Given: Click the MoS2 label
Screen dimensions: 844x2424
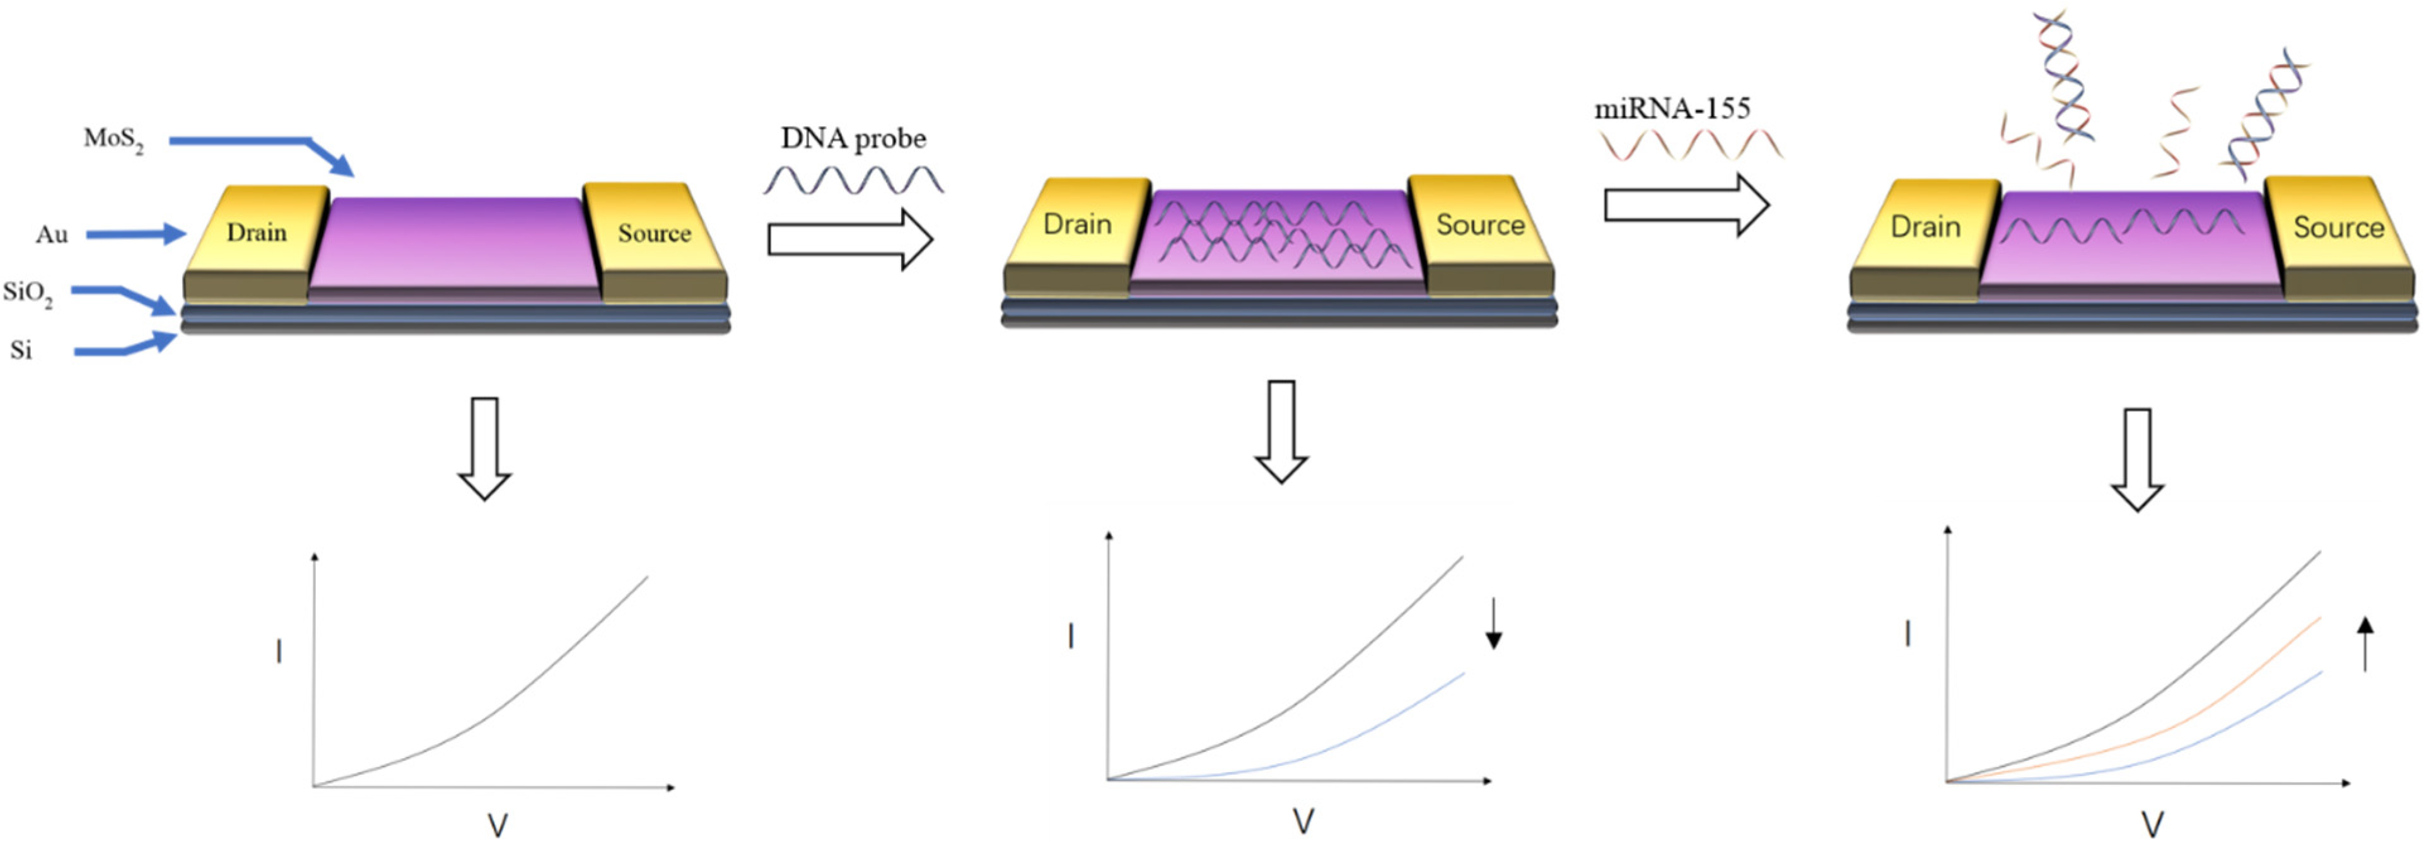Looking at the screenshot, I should pyautogui.click(x=113, y=139).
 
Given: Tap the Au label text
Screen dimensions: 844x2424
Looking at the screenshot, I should pyautogui.click(x=52, y=234).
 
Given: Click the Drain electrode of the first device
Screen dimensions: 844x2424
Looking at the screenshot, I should pyautogui.click(x=256, y=233).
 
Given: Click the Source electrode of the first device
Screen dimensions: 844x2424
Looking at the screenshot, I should pyautogui.click(x=654, y=233).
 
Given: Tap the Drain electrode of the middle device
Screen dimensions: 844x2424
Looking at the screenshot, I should pyautogui.click(x=1078, y=224).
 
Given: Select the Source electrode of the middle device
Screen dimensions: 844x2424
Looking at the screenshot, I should pyautogui.click(x=1480, y=224).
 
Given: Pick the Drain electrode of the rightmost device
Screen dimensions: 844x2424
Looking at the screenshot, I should pyautogui.click(x=1925, y=227).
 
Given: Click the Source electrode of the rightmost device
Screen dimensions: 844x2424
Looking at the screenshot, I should pyautogui.click(x=2338, y=227).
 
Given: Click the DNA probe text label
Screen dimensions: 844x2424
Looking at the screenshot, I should pyautogui.click(x=853, y=138).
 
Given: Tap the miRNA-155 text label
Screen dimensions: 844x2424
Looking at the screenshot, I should pyautogui.click(x=1672, y=109).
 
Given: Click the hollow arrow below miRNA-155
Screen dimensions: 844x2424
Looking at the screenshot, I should pyautogui.click(x=1686, y=204).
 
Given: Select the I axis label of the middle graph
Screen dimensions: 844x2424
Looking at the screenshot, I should pyautogui.click(x=1071, y=638).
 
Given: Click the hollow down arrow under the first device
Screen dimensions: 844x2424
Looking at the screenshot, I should pyautogui.click(x=485, y=448).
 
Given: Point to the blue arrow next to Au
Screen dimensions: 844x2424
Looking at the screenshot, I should pyautogui.click(x=136, y=234).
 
